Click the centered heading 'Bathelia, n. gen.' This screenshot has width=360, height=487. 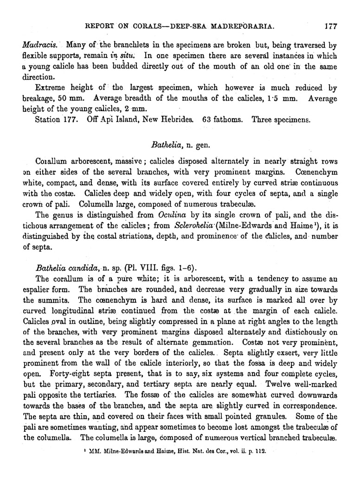(x=180, y=145)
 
